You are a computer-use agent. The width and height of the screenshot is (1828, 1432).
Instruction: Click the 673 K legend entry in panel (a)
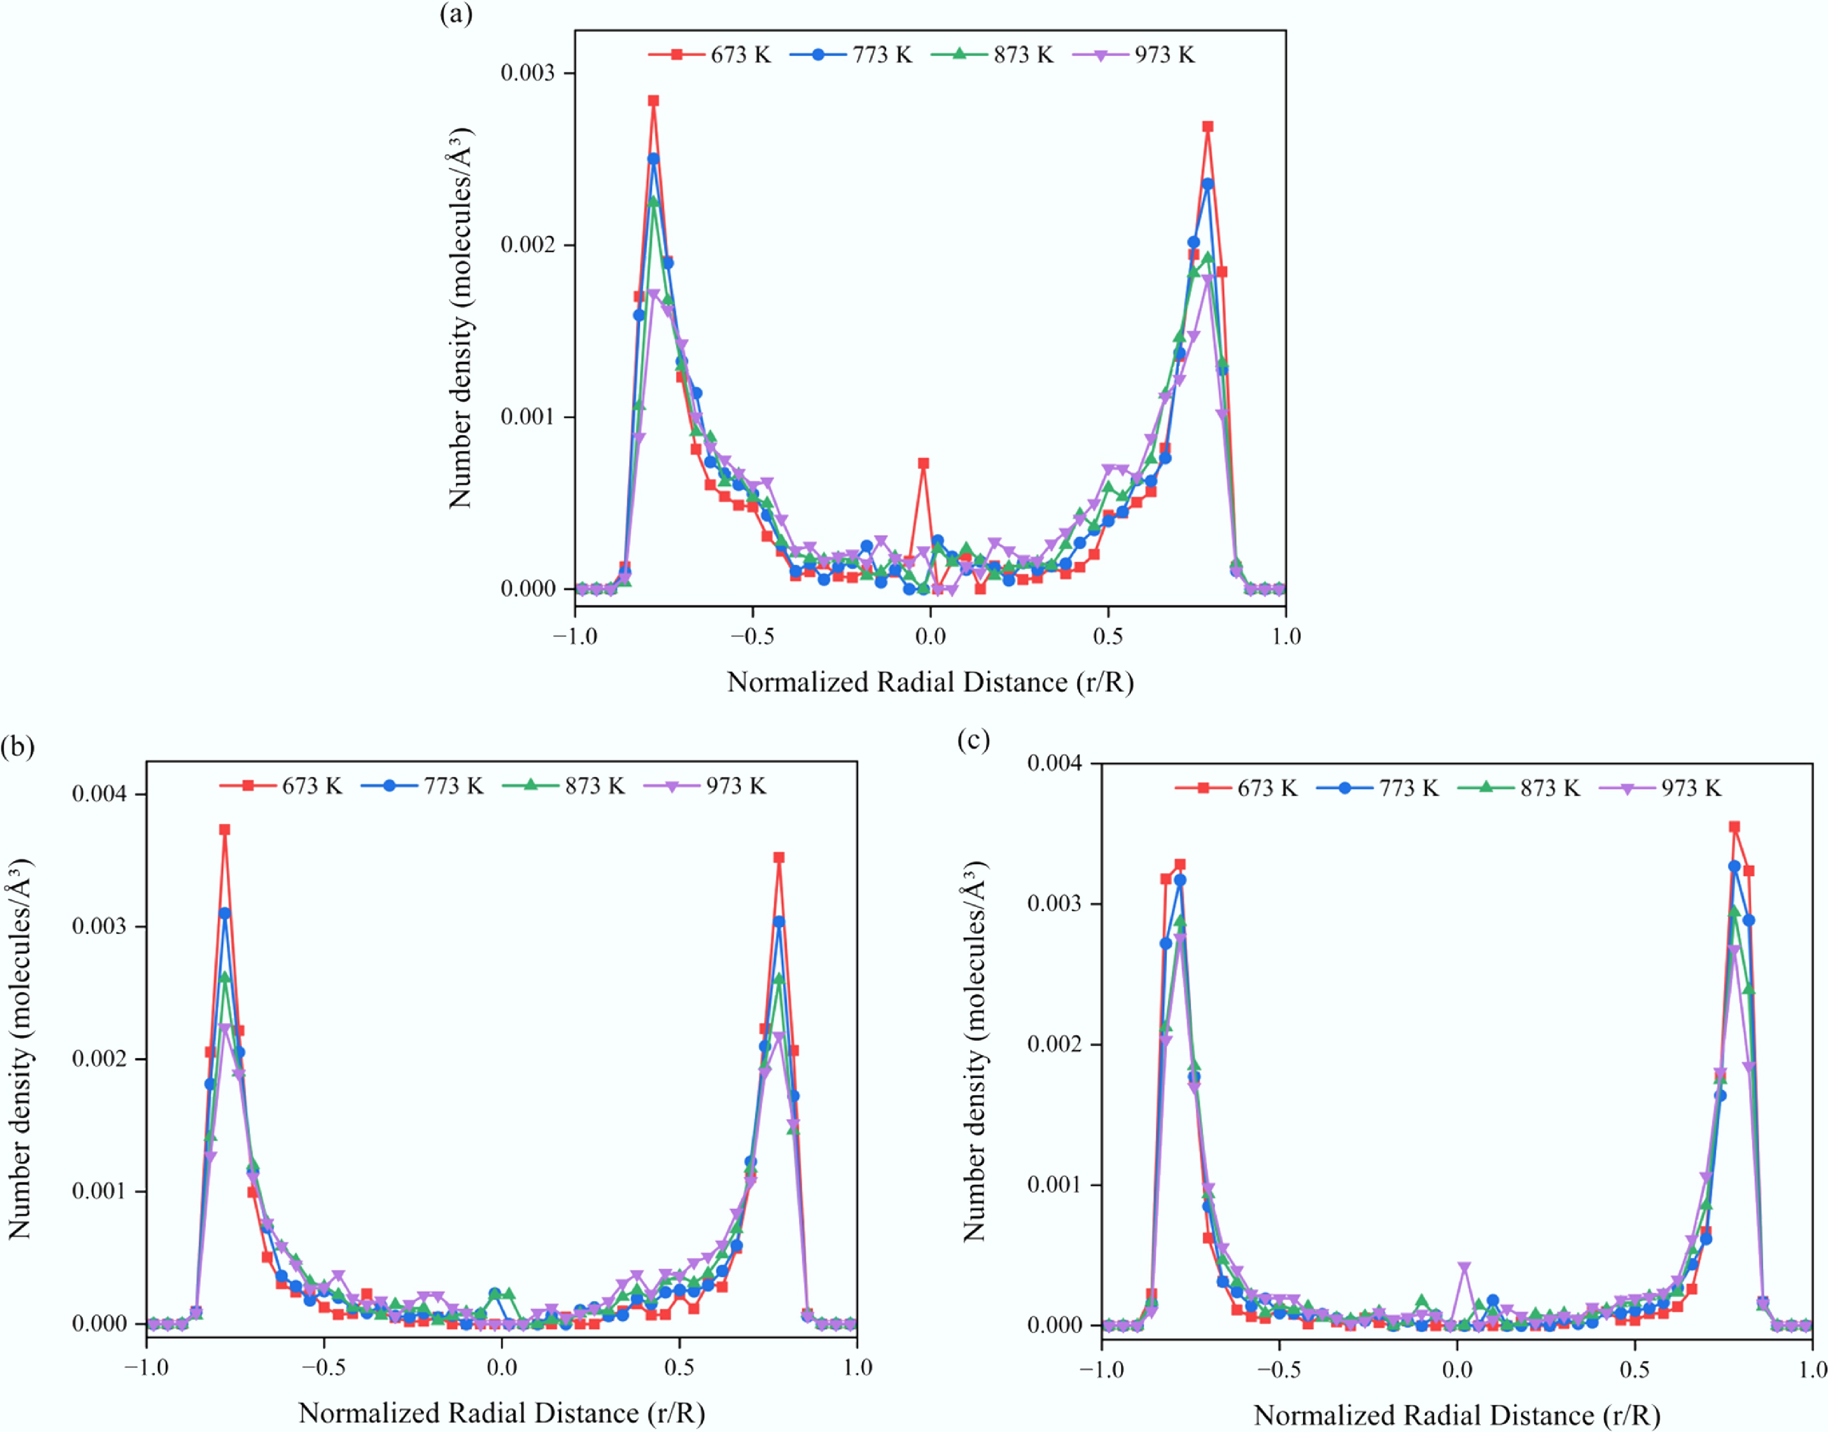coord(708,55)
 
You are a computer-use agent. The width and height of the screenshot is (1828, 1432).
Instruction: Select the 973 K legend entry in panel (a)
coord(1133,55)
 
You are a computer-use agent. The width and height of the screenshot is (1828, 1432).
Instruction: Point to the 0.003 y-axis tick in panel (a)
coord(528,73)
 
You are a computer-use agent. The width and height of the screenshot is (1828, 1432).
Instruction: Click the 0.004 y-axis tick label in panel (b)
coord(99,794)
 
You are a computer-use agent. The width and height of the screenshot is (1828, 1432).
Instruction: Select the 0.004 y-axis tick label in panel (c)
coord(1054,763)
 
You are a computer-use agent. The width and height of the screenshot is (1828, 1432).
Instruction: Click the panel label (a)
coord(456,14)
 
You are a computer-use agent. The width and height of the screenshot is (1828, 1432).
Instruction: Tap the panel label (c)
coord(973,740)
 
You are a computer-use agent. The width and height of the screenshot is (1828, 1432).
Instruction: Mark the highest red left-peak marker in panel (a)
coord(653,101)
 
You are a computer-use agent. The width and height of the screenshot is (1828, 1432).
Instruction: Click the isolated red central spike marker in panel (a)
coord(923,463)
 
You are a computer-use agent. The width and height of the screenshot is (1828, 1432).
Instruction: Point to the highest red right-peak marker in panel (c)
coord(1734,827)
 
